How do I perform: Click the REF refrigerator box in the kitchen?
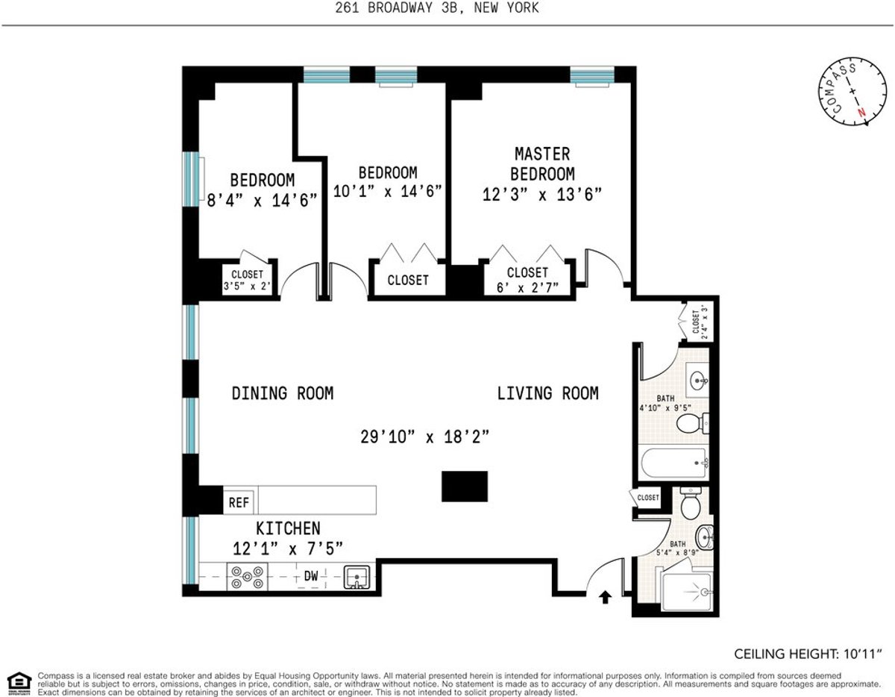[x=239, y=502]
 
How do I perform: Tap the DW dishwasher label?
[x=312, y=576]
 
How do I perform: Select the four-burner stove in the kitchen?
[x=247, y=577]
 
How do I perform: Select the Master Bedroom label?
[x=542, y=164]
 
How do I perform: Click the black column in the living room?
[x=464, y=486]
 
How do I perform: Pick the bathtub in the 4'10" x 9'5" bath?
[x=675, y=463]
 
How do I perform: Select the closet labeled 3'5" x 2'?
[x=247, y=280]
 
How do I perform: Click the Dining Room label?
[x=282, y=393]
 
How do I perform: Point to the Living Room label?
[x=547, y=393]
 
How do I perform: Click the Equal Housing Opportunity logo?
[x=19, y=681]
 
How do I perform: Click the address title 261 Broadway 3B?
[x=447, y=8]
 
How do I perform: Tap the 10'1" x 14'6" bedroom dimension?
[x=387, y=191]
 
